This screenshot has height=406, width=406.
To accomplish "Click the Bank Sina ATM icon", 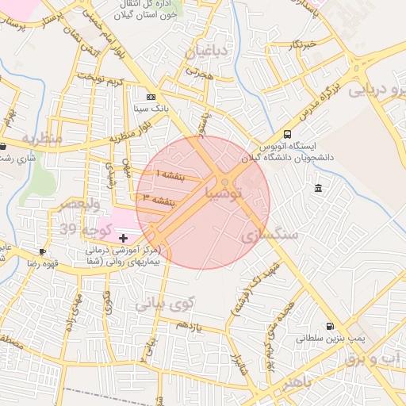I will (151, 96).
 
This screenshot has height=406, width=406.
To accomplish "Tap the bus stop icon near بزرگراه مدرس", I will (287, 134).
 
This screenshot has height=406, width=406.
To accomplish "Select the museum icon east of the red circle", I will (318, 188).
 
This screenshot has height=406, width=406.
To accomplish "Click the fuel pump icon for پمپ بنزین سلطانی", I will (329, 326).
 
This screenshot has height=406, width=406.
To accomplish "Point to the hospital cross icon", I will (123, 238).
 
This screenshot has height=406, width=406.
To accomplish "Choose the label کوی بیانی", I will (164, 303).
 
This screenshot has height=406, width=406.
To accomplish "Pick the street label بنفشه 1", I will (170, 174).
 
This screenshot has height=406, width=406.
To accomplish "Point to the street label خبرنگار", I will (302, 43).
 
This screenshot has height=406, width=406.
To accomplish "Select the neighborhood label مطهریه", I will (41, 138).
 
